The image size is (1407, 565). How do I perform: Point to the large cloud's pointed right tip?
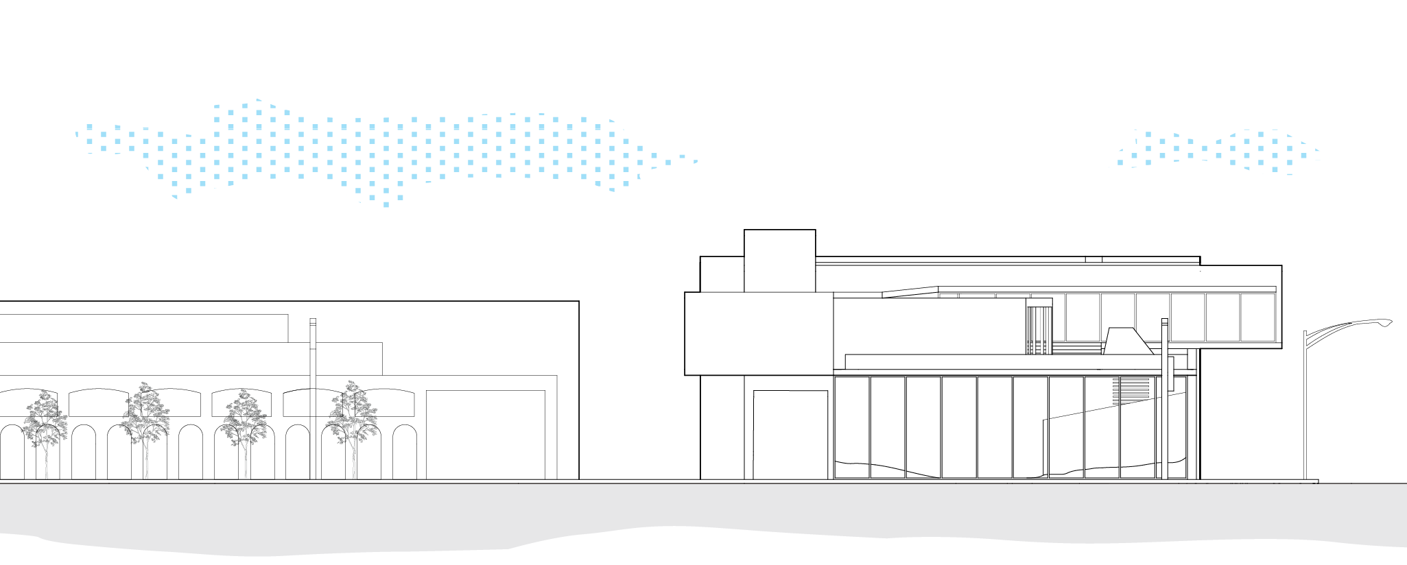click(696, 162)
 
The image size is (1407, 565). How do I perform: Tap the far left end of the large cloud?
click(78, 134)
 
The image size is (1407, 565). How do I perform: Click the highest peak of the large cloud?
click(257, 100)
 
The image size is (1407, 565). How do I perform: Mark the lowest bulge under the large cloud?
click(386, 204)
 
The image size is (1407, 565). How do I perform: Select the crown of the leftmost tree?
click(45, 422)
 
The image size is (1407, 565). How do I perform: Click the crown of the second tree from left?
click(145, 415)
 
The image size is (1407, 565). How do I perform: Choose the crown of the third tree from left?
click(244, 422)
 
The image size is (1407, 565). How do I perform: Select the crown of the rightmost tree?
click(352, 415)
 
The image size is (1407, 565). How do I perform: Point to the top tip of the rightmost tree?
click(351, 381)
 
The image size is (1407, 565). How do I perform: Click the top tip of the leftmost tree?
click(45, 392)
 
